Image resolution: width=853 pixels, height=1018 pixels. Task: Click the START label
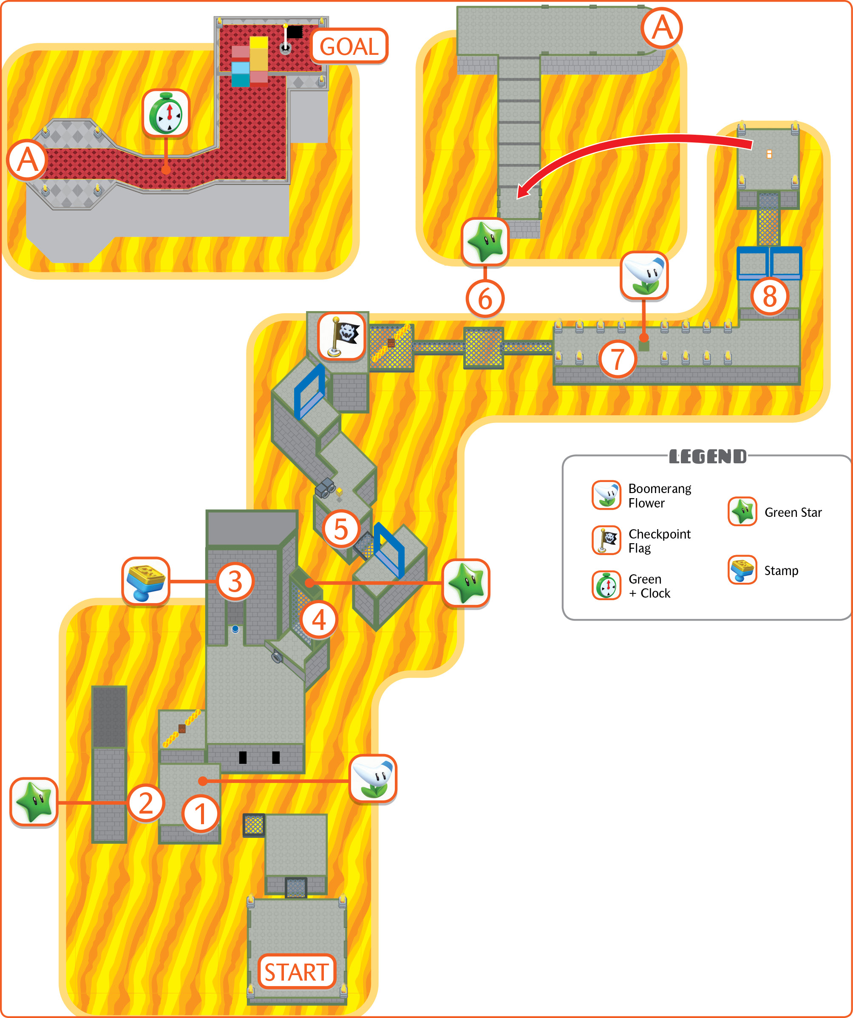297,972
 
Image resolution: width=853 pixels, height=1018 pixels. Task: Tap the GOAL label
349,46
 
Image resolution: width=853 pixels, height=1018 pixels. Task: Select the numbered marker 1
200,814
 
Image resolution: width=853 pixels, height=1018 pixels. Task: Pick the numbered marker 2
146,803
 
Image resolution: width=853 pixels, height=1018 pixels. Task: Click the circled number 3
235,581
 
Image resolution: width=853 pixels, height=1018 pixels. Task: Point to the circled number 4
318,620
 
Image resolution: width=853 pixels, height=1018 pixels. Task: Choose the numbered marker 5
341,529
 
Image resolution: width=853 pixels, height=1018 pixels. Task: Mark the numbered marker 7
618,359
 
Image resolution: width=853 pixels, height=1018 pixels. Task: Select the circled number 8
770,296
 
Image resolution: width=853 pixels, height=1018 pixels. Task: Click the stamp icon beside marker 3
146,581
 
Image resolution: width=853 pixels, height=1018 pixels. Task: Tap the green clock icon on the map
166,113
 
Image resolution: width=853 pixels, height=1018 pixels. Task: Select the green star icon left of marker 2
34,802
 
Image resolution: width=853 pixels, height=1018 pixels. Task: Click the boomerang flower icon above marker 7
644,275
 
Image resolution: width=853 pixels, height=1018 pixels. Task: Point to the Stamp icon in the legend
742,570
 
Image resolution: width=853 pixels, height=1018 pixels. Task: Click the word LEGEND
708,456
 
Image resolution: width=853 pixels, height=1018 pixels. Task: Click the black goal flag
294,32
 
